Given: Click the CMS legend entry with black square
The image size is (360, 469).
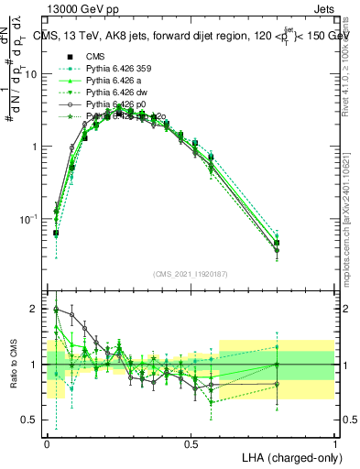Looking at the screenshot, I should (96, 56).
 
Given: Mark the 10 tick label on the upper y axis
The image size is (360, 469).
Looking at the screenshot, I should (31, 74).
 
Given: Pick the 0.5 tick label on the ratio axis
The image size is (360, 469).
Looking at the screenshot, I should (32, 420).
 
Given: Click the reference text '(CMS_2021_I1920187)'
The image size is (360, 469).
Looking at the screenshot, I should (191, 275).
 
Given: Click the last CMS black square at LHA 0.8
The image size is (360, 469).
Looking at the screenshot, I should (278, 243).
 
